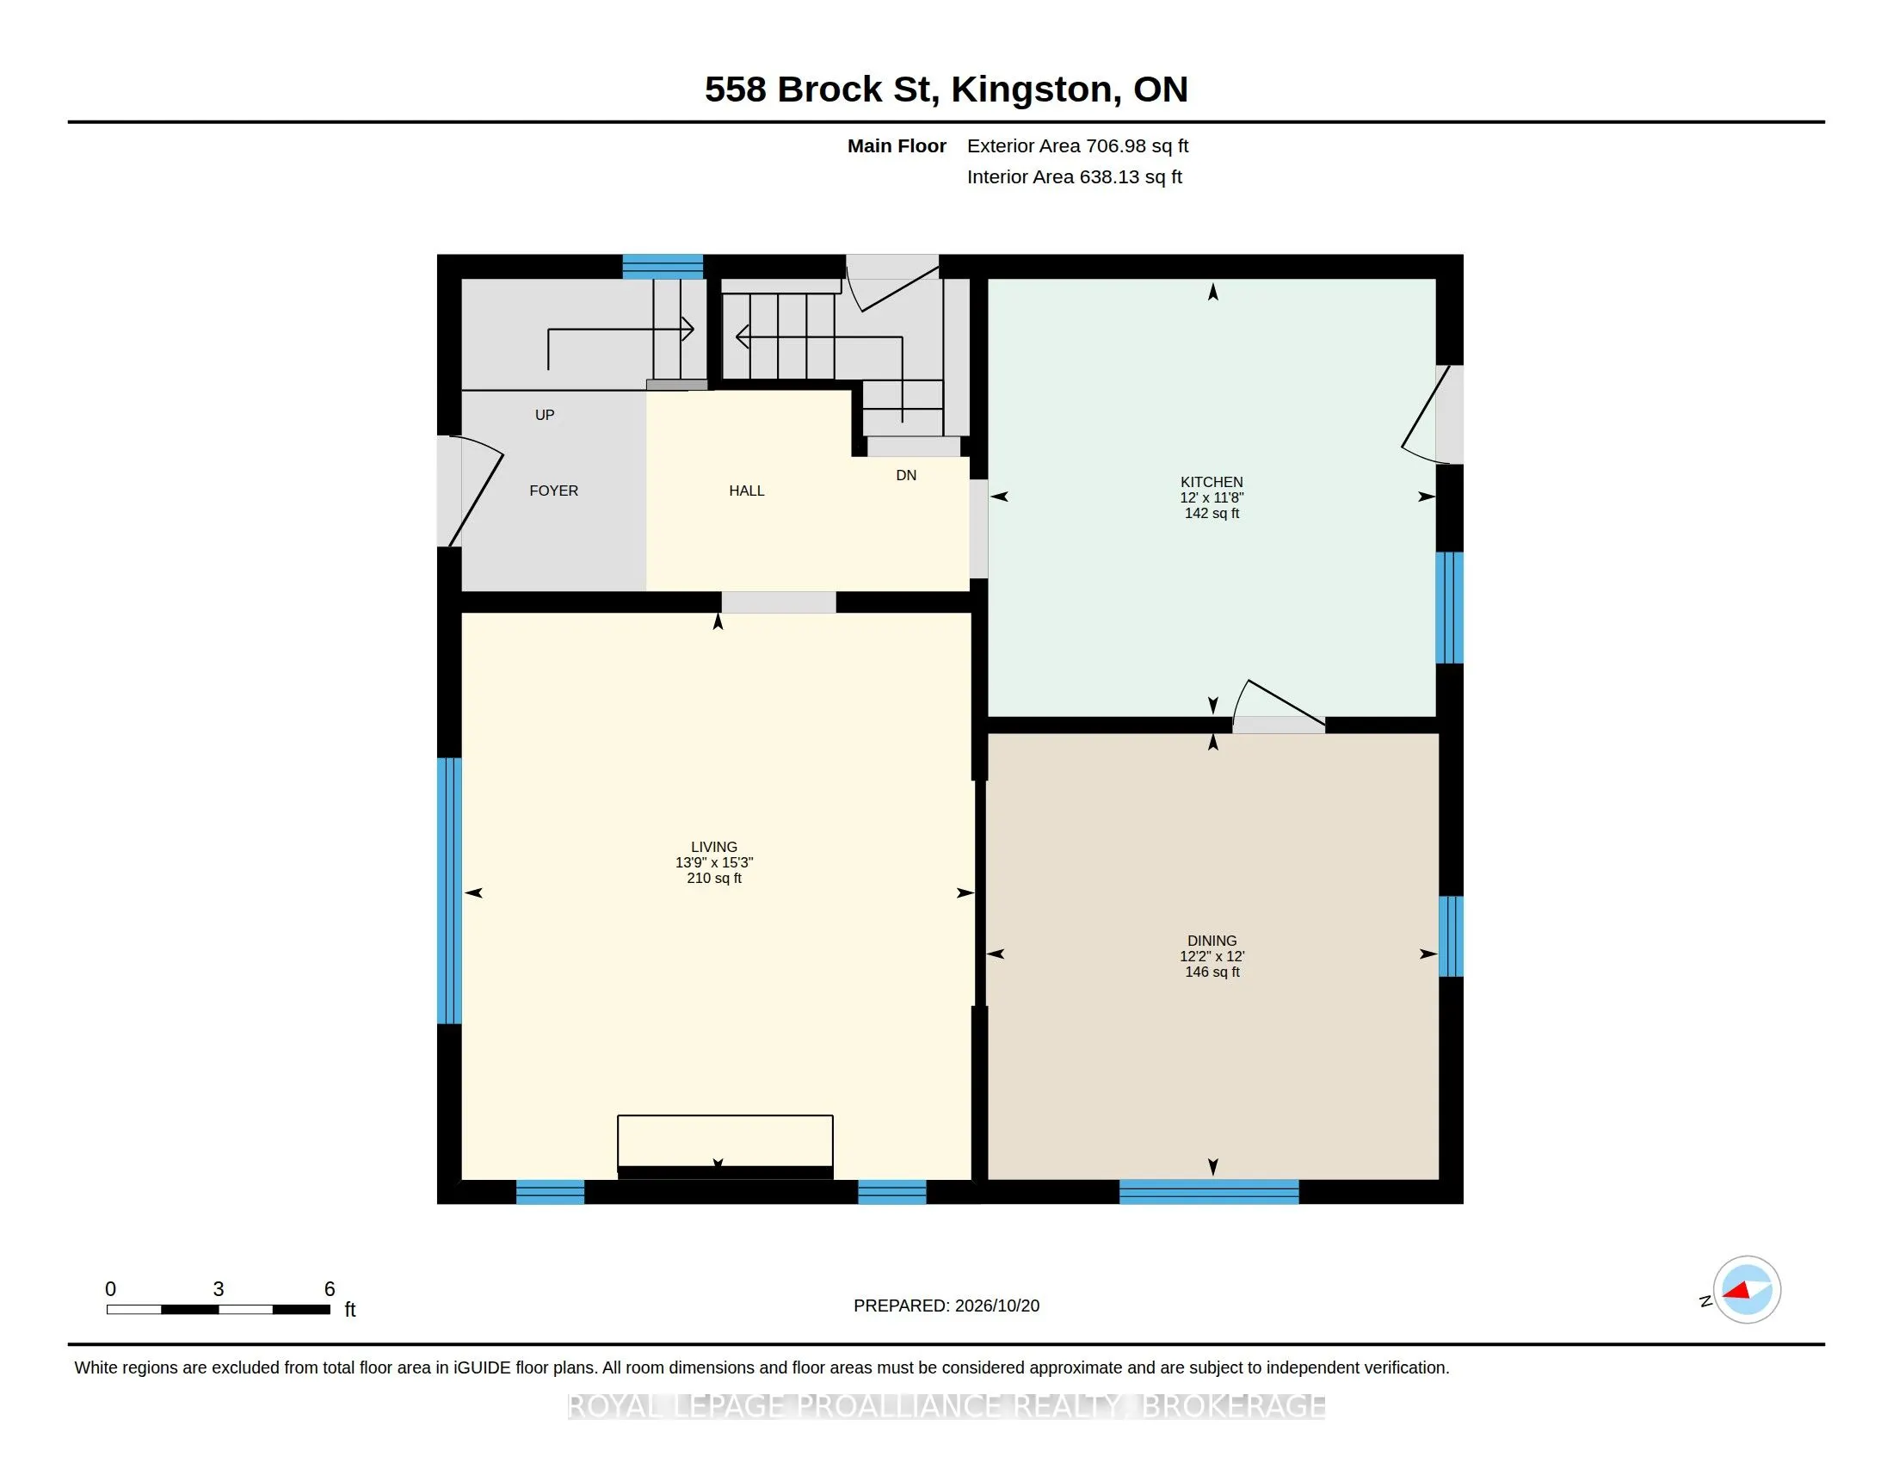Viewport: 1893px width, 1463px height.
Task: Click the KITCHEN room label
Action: pyautogui.click(x=1212, y=482)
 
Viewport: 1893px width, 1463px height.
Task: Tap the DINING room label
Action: pyautogui.click(x=1212, y=941)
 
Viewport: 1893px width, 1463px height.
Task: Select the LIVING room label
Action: pyautogui.click(x=714, y=847)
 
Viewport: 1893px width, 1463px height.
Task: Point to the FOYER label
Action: pyautogui.click(x=554, y=491)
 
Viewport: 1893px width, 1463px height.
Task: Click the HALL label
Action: pyautogui.click(x=746, y=491)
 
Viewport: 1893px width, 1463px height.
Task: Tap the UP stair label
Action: pyautogui.click(x=545, y=415)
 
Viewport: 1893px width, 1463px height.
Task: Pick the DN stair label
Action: pyautogui.click(x=906, y=475)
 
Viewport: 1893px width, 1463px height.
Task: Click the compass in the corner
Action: pyautogui.click(x=1746, y=1290)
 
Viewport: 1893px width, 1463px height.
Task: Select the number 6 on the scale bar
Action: pyautogui.click(x=330, y=1289)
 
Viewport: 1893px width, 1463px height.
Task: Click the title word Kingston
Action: pyautogui.click(x=1031, y=90)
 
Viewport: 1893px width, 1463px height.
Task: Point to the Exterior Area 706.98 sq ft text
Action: pyautogui.click(x=1077, y=145)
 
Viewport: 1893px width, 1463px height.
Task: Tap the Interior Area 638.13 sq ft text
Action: pyautogui.click(x=1074, y=176)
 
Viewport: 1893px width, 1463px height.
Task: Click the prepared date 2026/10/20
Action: pyautogui.click(x=996, y=1306)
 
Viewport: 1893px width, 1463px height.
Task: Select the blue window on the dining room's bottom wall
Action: pyautogui.click(x=1209, y=1192)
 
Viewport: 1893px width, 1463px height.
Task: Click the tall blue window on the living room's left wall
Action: pyautogui.click(x=449, y=891)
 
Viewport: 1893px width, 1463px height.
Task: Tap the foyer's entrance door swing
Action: pyautogui.click(x=470, y=491)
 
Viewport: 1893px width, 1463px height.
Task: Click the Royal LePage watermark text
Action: pyautogui.click(x=946, y=1406)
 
